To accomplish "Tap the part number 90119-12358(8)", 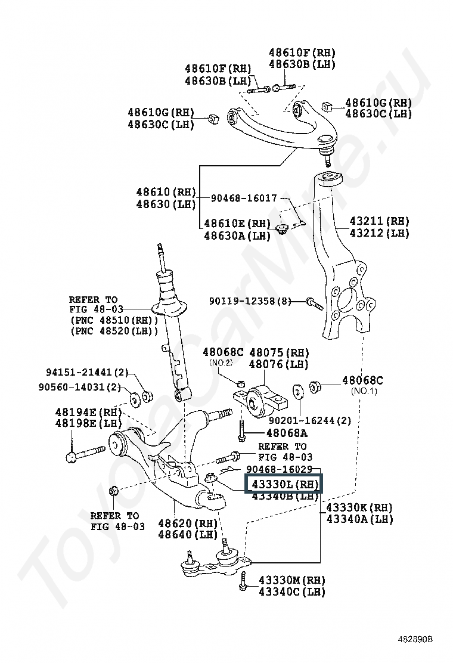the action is pyautogui.click(x=250, y=301).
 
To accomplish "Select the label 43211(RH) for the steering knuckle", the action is pyautogui.click(x=380, y=221).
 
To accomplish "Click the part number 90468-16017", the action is pyautogui.click(x=244, y=198).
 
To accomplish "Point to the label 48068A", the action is pyautogui.click(x=287, y=432).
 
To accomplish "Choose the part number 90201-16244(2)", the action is pyautogui.click(x=310, y=420).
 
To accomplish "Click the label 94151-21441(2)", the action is pyautogui.click(x=87, y=372).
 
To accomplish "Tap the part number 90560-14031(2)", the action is pyautogui.click(x=80, y=387).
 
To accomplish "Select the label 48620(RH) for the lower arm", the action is pyautogui.click(x=188, y=523).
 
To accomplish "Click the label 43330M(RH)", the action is pyautogui.click(x=292, y=580).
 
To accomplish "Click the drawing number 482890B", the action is pyautogui.click(x=415, y=639).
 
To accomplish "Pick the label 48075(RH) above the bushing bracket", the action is pyautogui.click(x=279, y=352).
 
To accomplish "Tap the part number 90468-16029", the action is pyautogui.click(x=280, y=469).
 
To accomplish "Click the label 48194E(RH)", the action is pyautogui.click(x=88, y=412).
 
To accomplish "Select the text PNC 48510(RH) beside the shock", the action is pyautogui.click(x=114, y=320).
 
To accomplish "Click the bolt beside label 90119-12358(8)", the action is pyautogui.click(x=314, y=303).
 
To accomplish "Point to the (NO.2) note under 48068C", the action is pyautogui.click(x=221, y=363).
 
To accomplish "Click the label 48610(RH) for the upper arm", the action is pyautogui.click(x=166, y=192).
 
